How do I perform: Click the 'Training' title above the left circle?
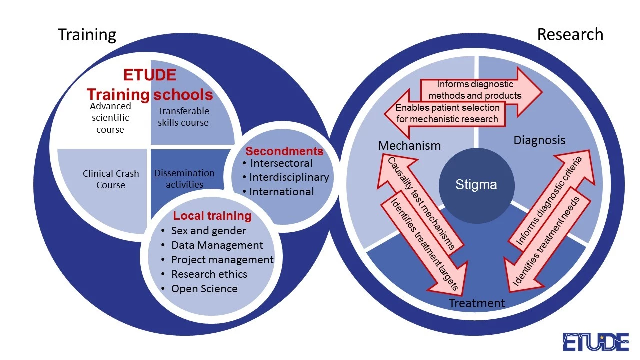87,35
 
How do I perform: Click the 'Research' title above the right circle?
570,34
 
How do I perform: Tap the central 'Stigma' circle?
476,185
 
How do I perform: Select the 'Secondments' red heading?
284,151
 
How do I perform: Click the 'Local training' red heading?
212,216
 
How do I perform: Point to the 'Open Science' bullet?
204,289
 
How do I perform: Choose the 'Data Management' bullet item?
217,245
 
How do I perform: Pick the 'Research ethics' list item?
209,274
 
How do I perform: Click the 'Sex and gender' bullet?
208,231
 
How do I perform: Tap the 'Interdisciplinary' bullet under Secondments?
289,177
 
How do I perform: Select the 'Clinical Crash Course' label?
111,179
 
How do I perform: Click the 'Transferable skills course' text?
183,117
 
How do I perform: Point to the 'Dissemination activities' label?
184,179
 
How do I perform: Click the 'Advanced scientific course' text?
110,118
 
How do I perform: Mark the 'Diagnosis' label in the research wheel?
539,140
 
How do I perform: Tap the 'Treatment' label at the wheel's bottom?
477,303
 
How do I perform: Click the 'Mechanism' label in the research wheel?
409,146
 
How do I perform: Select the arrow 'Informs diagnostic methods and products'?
475,90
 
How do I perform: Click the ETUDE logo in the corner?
595,342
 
